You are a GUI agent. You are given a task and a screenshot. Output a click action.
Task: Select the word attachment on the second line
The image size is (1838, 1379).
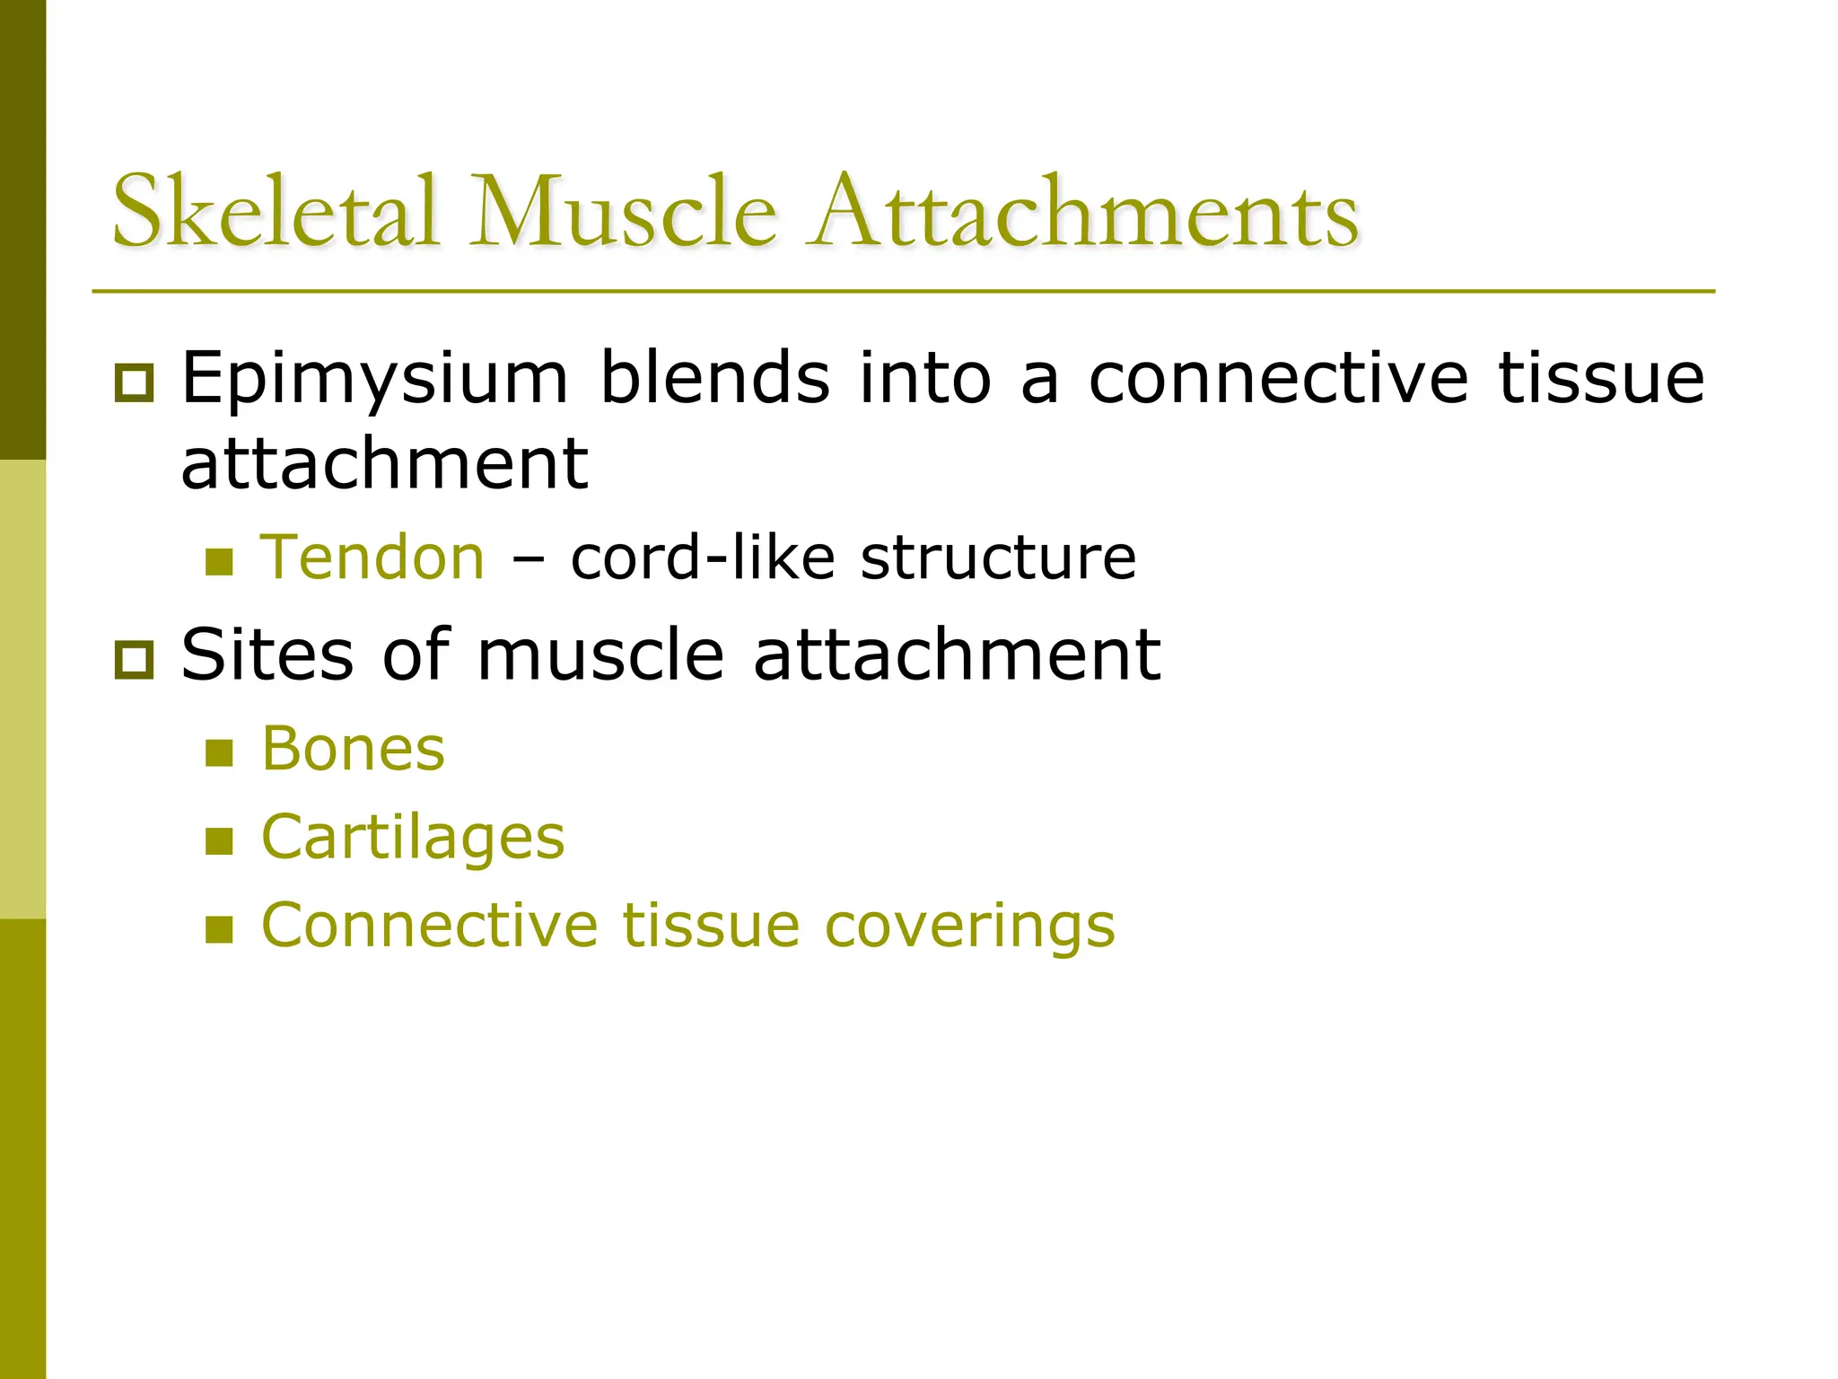tap(384, 464)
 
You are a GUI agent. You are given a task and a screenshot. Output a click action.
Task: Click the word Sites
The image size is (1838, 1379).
tap(267, 654)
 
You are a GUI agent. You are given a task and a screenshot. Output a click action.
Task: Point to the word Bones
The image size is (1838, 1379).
tap(353, 749)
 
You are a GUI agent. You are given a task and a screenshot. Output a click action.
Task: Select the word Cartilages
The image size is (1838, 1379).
tap(413, 839)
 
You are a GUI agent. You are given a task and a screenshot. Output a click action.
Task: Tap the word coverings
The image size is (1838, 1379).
tap(969, 927)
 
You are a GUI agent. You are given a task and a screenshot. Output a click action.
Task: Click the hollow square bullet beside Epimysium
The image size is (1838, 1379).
tap(135, 383)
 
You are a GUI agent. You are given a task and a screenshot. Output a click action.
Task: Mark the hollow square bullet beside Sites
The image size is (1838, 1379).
tap(135, 661)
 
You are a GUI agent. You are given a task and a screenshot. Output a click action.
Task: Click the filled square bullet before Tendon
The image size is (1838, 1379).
tap(219, 563)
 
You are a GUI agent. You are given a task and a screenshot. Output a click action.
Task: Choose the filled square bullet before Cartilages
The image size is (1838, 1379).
tap(219, 841)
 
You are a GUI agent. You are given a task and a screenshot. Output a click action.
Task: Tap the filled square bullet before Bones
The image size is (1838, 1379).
tap(219, 752)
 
